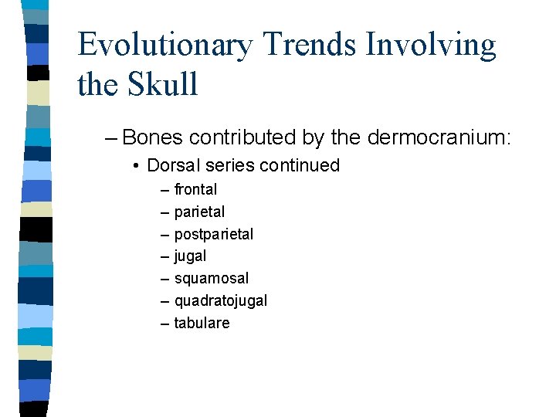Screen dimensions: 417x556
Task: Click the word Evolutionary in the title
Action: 164,46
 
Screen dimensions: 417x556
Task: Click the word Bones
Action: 152,137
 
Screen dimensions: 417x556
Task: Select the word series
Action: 225,165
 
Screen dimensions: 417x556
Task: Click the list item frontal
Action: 195,189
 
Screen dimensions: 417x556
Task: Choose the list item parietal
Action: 199,212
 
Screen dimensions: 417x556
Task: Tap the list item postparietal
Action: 213,234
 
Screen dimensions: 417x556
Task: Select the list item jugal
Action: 190,256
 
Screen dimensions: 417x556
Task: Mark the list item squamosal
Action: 211,278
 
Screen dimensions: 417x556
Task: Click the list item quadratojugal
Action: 220,300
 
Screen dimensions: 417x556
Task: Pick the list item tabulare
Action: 202,323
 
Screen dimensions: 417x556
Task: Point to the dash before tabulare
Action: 164,323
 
